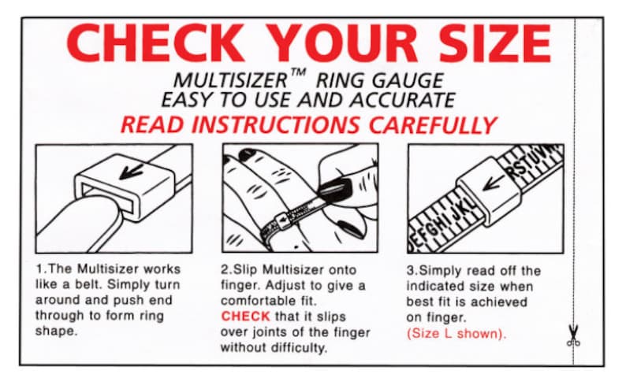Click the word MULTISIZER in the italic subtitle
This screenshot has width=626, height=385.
coord(230,80)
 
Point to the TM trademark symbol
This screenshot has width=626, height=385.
coord(298,73)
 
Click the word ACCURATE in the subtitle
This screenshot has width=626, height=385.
coord(402,100)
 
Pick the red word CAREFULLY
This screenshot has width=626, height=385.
coord(432,125)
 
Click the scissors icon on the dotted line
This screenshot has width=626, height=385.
coord(573,335)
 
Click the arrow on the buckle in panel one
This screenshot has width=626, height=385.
coord(131,172)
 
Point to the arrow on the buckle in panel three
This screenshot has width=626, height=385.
coord(494,183)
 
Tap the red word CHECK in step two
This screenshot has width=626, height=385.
coord(245,317)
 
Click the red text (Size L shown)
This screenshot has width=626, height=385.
coord(456,333)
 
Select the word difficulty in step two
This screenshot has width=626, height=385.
coord(300,348)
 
